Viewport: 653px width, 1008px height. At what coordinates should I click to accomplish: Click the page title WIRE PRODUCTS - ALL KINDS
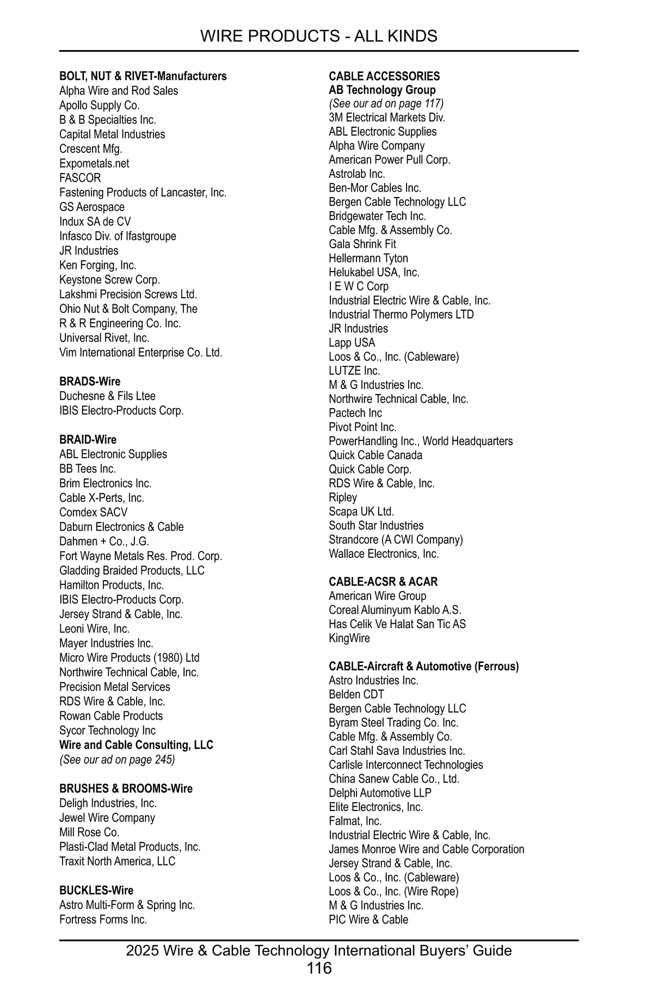(x=318, y=36)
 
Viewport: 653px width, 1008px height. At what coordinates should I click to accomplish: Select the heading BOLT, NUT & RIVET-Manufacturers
(x=143, y=76)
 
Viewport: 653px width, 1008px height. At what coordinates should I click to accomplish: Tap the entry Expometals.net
(x=94, y=163)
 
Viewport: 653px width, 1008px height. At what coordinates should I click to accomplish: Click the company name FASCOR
(x=80, y=178)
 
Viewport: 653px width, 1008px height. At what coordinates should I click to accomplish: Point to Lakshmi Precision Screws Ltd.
(x=128, y=294)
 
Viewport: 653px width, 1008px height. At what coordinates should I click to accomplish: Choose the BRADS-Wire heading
(x=90, y=382)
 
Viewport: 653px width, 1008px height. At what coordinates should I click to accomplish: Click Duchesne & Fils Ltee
(x=107, y=396)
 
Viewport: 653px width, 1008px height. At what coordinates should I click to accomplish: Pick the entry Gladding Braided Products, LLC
(x=132, y=570)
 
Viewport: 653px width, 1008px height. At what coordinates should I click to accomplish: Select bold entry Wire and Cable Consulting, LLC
(x=136, y=745)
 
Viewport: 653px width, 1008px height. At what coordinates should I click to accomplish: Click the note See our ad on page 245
(x=117, y=759)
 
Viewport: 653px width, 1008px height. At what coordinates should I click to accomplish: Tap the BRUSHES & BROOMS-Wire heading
(x=126, y=789)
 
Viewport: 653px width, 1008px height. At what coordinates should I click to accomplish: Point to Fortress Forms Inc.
(x=103, y=919)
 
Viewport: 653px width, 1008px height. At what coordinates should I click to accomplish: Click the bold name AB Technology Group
(x=382, y=90)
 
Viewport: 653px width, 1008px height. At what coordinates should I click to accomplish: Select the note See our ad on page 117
(x=386, y=103)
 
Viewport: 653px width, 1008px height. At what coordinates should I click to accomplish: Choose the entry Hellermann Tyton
(x=368, y=259)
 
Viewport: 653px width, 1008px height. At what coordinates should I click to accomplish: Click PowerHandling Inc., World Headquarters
(x=420, y=441)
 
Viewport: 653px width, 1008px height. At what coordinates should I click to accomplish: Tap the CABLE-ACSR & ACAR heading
(x=383, y=582)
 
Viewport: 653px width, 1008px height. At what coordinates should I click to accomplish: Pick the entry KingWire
(x=349, y=638)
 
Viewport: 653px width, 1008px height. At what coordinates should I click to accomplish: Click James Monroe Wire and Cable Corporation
(x=426, y=849)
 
